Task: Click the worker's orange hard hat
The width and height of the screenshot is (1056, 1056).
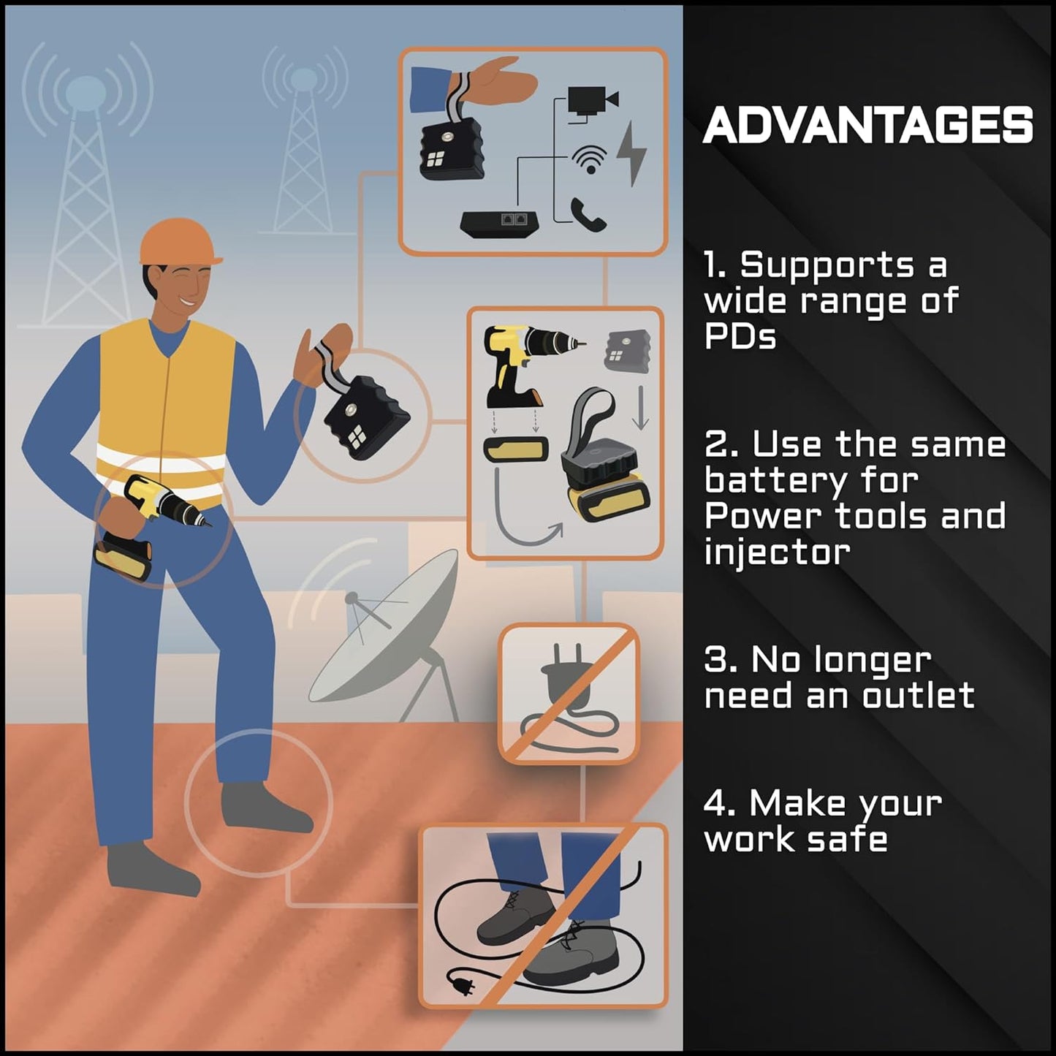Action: [181, 243]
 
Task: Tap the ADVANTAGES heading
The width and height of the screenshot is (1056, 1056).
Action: [868, 125]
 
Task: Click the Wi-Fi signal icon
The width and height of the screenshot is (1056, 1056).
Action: [590, 159]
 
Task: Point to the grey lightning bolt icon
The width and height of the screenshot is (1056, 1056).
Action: [632, 154]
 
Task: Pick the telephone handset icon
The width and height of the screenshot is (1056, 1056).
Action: [588, 214]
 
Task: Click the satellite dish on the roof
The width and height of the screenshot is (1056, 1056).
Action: [384, 636]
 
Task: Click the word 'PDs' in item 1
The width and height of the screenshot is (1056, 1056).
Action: [740, 336]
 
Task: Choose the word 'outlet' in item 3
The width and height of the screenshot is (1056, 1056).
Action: [918, 696]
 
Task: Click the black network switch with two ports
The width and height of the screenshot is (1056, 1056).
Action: [499, 224]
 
